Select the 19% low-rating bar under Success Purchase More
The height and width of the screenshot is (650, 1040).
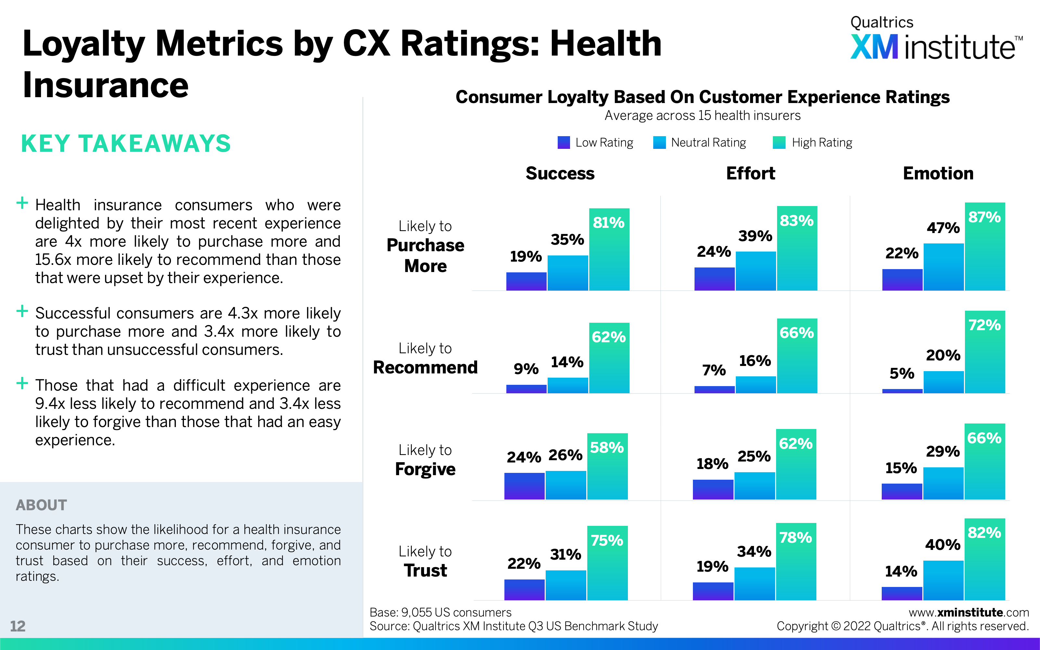point(526,281)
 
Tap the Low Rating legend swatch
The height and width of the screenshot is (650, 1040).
point(564,142)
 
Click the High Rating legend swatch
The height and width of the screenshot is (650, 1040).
point(779,142)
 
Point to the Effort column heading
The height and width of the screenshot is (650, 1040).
point(750,173)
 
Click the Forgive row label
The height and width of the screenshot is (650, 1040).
point(425,469)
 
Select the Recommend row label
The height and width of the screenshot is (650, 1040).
point(425,367)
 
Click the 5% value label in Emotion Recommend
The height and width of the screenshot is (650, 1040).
point(902,373)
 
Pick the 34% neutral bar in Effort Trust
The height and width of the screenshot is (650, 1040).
point(754,583)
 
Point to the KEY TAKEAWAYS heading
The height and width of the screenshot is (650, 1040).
point(126,144)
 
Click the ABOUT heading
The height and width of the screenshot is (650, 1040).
point(41,505)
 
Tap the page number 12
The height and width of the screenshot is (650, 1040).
point(18,626)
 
